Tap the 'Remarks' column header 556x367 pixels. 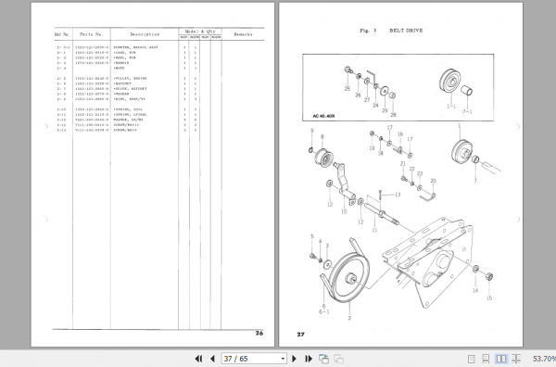point(245,33)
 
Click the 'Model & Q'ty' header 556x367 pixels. point(196,30)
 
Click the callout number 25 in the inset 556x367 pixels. point(347,91)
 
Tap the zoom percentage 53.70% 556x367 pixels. point(540,358)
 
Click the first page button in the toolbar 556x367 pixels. point(197,358)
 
